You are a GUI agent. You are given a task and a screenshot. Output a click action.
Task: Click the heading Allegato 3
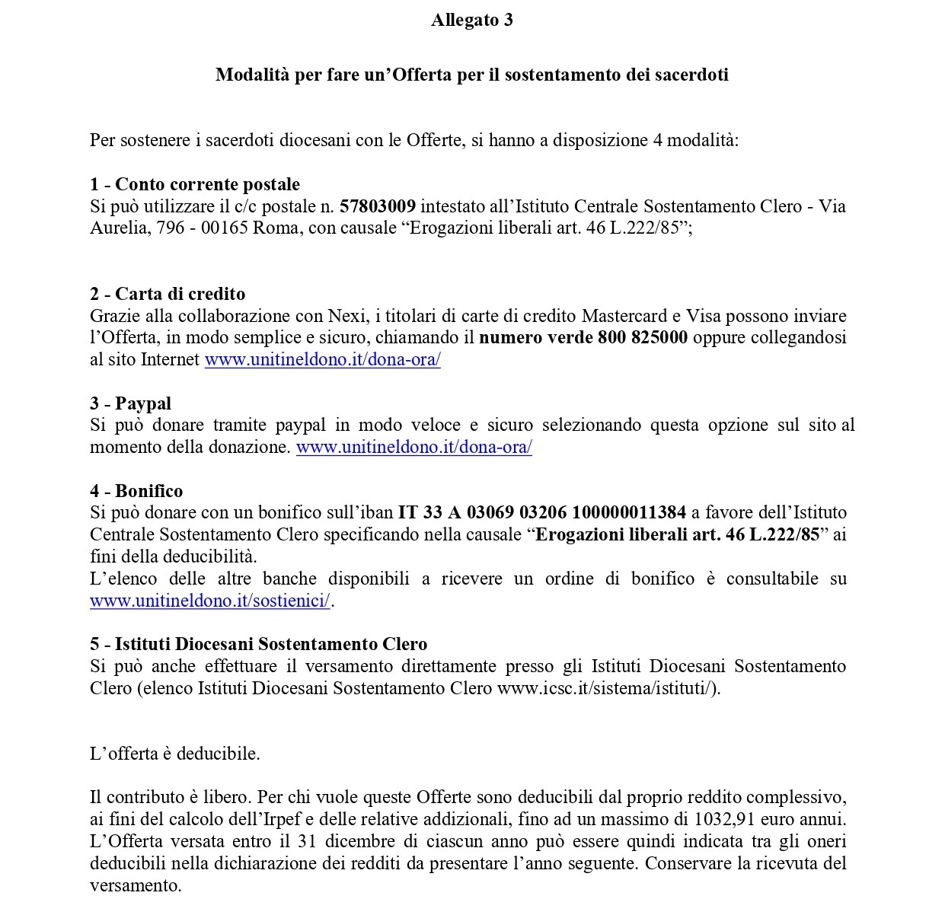[x=471, y=21]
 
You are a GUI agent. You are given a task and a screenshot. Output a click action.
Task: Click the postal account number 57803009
[x=378, y=206]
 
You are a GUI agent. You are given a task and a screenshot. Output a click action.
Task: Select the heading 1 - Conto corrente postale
[x=195, y=184]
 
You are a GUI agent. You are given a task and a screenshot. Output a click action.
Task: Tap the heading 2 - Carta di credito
[x=168, y=294]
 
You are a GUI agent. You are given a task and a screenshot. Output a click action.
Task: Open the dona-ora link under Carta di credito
[x=323, y=359]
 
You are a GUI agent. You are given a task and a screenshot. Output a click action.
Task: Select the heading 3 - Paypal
[x=130, y=403]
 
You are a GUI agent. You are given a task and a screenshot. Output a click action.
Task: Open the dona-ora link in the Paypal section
[x=413, y=447]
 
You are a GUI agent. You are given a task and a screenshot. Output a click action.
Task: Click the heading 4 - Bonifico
[x=136, y=491]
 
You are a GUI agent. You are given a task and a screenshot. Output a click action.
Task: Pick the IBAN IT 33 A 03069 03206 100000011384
[x=542, y=512]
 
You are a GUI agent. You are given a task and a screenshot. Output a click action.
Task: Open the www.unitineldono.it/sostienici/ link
[x=210, y=601]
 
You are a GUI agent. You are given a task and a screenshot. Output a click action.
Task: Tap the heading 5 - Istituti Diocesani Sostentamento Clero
[x=259, y=645]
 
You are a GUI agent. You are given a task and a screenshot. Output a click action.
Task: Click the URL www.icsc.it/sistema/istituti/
[x=605, y=688]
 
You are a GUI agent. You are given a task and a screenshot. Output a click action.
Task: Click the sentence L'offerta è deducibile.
[x=175, y=754]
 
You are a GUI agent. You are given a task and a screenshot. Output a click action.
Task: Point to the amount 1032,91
[x=723, y=820]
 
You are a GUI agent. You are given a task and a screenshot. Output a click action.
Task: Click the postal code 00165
[x=225, y=228]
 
